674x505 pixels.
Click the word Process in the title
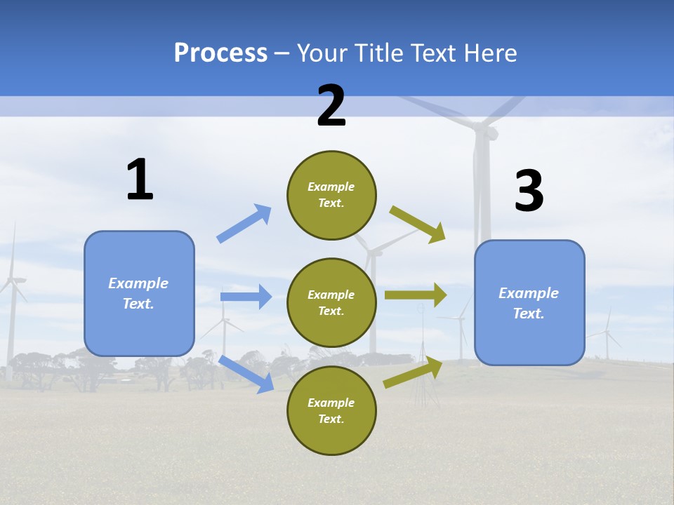pos(220,53)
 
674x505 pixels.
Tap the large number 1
pos(140,180)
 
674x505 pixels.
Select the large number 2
pos(331,106)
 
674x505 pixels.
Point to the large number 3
pos(529,191)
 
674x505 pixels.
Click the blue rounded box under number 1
pos(139,293)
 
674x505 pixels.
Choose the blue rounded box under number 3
pos(529,302)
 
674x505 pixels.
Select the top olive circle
pos(331,195)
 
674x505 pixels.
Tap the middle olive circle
pos(331,302)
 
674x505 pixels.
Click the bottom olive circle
pos(331,410)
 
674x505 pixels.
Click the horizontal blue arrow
pos(246,297)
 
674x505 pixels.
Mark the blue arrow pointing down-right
pos(246,374)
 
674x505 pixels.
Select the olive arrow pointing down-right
pos(418,224)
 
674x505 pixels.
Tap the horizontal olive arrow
pos(416,295)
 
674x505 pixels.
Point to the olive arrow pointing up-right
pos(413,372)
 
